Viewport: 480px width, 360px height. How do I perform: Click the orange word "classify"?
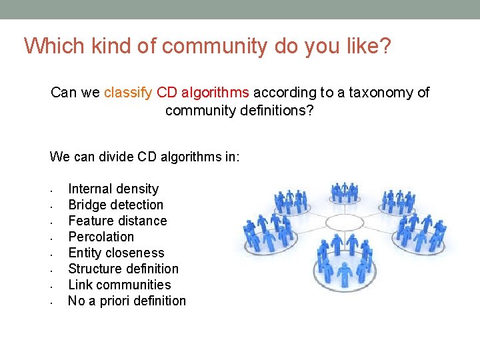tap(128, 93)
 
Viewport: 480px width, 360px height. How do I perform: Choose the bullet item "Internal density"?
tap(113, 189)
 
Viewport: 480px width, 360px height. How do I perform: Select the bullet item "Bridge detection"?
tap(115, 205)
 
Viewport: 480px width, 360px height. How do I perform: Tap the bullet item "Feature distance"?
tap(117, 221)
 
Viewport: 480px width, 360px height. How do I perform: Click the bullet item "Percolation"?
tap(101, 237)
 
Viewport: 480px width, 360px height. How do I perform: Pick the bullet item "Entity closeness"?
tap(116, 253)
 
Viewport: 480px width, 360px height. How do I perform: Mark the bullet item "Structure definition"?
tap(123, 269)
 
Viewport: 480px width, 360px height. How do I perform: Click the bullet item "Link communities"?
tap(119, 285)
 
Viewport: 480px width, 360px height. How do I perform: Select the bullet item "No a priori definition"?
tap(127, 301)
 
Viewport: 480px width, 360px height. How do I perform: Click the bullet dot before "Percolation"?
tap(52, 237)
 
